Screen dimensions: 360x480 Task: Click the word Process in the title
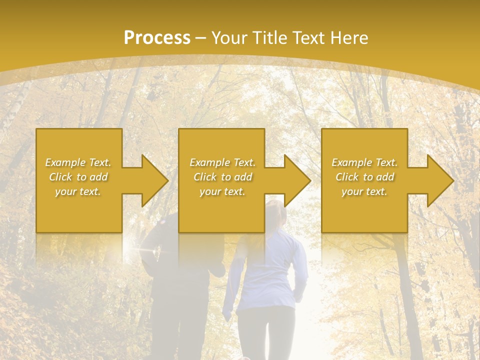[157, 38]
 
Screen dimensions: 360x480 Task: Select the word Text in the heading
[307, 38]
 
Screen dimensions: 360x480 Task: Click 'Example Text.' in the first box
[78, 162]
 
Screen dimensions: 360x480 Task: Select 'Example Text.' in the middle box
[222, 162]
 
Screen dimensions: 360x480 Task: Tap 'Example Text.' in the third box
[364, 162]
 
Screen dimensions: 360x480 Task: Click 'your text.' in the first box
[78, 191]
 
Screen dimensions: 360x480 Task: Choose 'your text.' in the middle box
[222, 191]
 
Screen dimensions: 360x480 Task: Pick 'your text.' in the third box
[364, 191]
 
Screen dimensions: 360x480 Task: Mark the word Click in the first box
[60, 177]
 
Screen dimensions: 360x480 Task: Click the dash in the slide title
[201, 38]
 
